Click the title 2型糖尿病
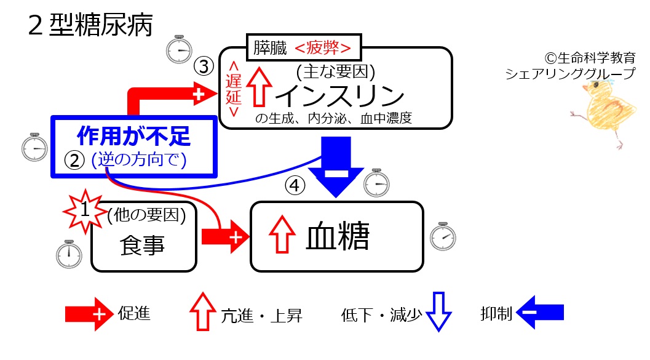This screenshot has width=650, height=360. pos(90,25)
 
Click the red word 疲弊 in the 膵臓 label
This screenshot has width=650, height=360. pos(323,48)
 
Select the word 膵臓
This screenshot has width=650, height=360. pos(271,48)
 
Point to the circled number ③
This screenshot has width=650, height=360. pos(204,66)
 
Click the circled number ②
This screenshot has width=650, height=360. pos(74,160)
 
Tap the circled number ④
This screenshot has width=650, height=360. pos(295,185)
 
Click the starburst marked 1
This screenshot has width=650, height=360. pos(85,210)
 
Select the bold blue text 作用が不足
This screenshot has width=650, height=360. pos(133,136)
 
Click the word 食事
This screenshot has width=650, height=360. pos(142,245)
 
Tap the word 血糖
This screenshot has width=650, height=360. pos(338,236)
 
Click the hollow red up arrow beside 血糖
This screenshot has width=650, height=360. pos(282,234)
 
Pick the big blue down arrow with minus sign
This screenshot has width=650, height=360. pos(336,167)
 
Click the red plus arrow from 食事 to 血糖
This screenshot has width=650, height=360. pos(226,237)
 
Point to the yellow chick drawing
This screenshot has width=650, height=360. pos(603,112)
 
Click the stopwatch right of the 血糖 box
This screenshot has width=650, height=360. pos(443,237)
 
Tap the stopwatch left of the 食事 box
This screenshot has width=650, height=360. pos(69,254)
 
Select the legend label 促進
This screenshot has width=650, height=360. pos(134,313)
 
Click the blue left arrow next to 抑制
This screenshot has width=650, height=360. pos(540,312)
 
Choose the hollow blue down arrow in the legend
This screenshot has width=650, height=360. pos(438,311)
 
